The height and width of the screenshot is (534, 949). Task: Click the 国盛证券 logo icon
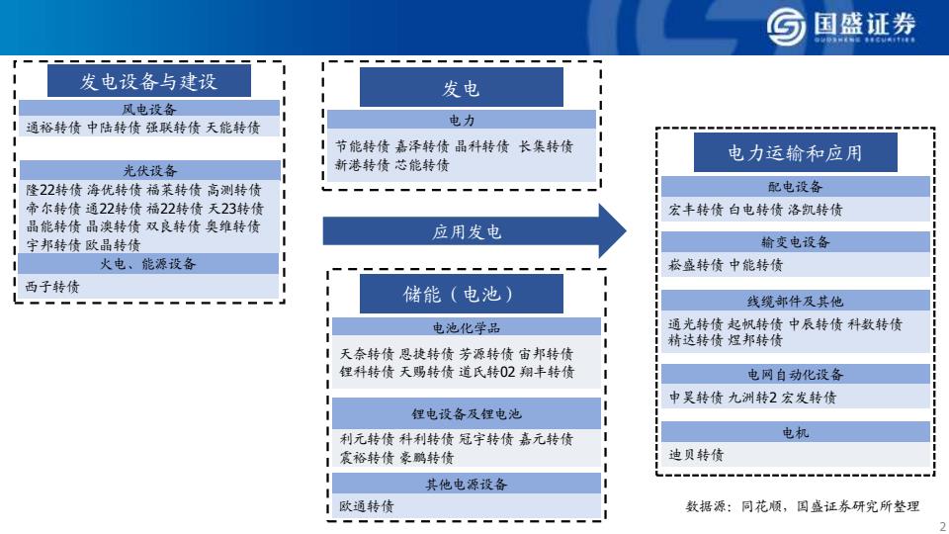pyautogui.click(x=786, y=26)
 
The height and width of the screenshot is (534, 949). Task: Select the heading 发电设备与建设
pyautogui.click(x=149, y=81)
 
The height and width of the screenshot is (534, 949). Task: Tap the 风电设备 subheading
pyautogui.click(x=149, y=109)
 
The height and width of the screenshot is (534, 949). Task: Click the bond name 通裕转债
pyautogui.click(x=53, y=128)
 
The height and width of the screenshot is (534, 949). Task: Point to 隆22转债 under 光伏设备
pyautogui.click(x=53, y=190)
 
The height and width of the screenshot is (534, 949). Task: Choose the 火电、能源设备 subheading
pyautogui.click(x=148, y=264)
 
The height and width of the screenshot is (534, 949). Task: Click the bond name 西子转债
pyautogui.click(x=52, y=287)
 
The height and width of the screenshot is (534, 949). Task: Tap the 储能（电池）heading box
pyautogui.click(x=462, y=294)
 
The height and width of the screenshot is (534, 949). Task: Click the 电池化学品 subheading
pyautogui.click(x=466, y=328)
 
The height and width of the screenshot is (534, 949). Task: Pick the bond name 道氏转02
pyautogui.click(x=486, y=373)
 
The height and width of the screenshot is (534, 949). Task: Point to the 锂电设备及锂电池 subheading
pyautogui.click(x=466, y=414)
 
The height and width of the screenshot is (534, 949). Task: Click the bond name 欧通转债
pyautogui.click(x=366, y=506)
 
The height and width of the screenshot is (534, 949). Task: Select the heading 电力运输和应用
pyautogui.click(x=795, y=153)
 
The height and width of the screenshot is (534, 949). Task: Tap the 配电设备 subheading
pyautogui.click(x=795, y=187)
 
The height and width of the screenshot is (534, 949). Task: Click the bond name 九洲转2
pyautogui.click(x=752, y=398)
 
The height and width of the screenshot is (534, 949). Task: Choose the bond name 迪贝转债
pyautogui.click(x=696, y=455)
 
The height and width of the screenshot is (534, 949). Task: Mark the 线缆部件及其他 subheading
pyautogui.click(x=795, y=302)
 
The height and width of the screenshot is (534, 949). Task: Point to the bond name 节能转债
pyautogui.click(x=363, y=146)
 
